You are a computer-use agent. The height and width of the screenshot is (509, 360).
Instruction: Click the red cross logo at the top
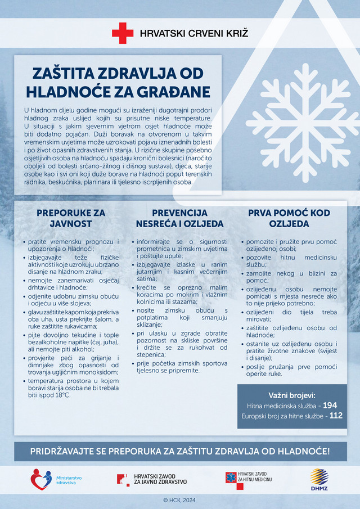coord(123,33)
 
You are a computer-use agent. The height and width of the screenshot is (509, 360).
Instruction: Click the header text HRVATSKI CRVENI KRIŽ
coord(194,33)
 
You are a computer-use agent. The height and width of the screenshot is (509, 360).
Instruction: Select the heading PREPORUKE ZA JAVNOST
coord(71,218)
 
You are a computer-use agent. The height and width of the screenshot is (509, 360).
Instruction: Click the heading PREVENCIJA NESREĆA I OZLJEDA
coord(180,218)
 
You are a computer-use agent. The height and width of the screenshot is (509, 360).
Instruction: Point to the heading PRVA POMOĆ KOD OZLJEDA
coord(289,218)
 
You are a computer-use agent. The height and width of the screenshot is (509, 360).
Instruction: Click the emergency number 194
coord(330,405)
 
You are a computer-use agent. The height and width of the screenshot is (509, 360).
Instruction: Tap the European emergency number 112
coord(336,416)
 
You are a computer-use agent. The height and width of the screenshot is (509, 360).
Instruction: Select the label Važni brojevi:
coord(292,394)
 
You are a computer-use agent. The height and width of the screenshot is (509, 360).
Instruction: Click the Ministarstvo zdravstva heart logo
coord(40,479)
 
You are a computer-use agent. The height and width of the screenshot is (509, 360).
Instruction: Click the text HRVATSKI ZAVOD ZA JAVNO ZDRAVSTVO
coord(160,479)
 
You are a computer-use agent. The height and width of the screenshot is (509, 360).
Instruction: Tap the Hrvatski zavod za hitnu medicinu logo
coord(231,479)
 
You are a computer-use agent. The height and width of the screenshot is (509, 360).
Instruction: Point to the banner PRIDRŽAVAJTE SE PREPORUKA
coord(180,452)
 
